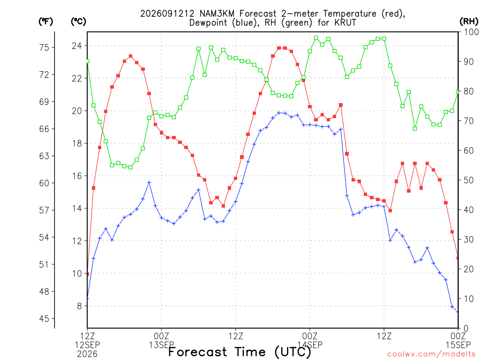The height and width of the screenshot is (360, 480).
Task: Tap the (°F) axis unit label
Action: click(x=45, y=22)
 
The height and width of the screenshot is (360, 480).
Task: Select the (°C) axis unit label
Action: click(x=78, y=22)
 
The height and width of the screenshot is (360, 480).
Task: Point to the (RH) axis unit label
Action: click(x=469, y=22)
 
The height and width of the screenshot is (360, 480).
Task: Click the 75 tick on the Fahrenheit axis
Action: click(x=44, y=47)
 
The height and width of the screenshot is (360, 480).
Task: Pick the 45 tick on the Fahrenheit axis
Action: click(x=44, y=319)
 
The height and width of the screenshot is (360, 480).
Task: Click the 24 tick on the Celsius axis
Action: click(x=77, y=46)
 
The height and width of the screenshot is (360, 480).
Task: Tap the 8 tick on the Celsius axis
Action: click(x=80, y=306)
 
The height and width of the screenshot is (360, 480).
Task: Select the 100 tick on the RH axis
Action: click(x=472, y=32)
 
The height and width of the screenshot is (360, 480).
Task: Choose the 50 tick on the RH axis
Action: click(x=469, y=180)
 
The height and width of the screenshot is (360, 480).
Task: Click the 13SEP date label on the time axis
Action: click(x=161, y=345)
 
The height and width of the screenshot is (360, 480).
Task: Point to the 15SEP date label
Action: click(x=458, y=345)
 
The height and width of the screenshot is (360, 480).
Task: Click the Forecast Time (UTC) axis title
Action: click(x=240, y=352)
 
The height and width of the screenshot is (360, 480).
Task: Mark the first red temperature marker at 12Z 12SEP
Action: click(x=88, y=274)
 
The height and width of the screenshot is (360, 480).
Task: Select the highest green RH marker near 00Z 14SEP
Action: click(x=316, y=38)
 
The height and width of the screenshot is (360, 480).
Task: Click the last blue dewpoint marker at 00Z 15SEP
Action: click(x=457, y=312)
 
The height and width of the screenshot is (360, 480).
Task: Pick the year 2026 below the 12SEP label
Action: click(x=87, y=354)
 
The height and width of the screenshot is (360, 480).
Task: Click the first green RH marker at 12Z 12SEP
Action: click(x=88, y=61)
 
